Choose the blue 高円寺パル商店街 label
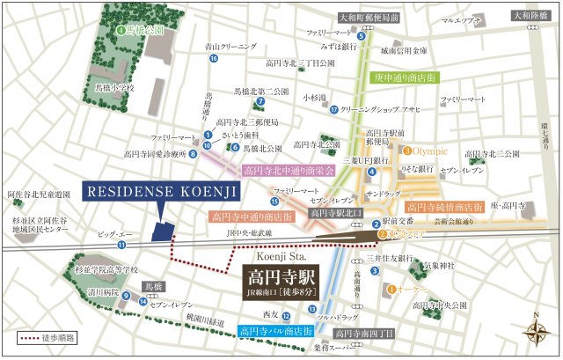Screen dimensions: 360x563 [x=276, y=332]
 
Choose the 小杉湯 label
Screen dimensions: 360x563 [x=315, y=98]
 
